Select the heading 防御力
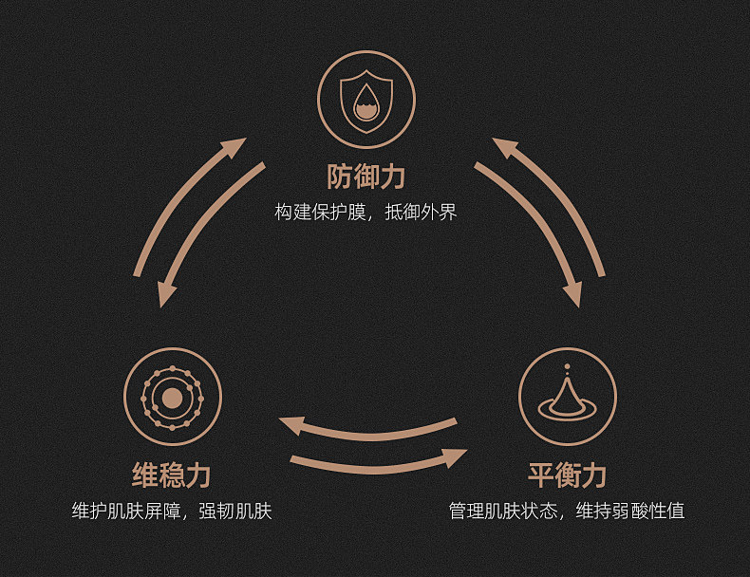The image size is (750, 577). (366, 177)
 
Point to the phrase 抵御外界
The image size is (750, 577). (422, 212)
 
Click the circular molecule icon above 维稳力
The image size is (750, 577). (172, 397)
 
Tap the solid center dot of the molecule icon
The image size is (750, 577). (171, 398)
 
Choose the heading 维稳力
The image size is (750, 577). (171, 475)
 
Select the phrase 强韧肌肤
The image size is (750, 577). (235, 512)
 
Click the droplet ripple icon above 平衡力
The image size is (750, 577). (567, 397)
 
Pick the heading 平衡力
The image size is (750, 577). (567, 475)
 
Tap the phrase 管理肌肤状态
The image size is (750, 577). (504, 512)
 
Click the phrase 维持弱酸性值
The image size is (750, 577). (630, 512)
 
